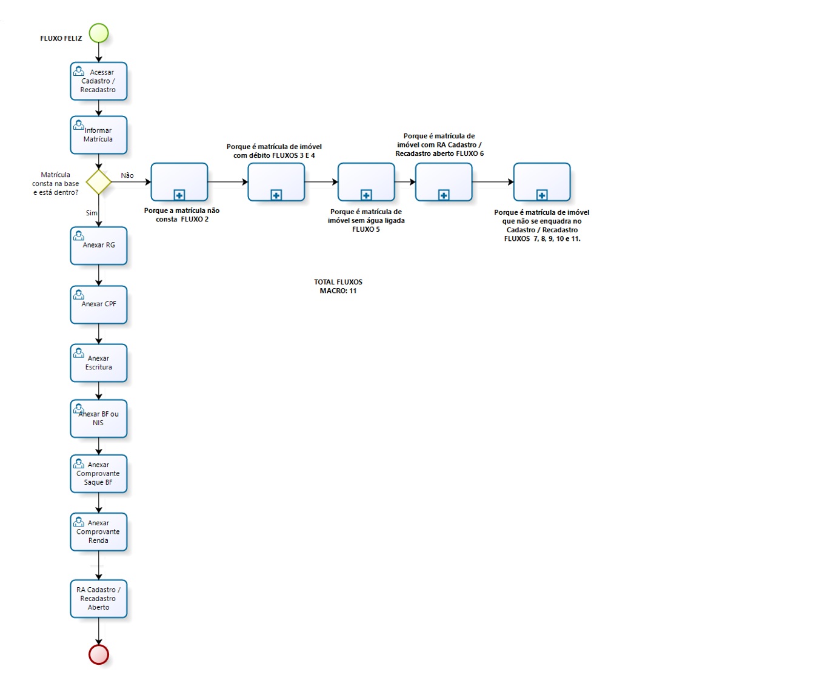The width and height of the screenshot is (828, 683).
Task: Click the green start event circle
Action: (x=99, y=33)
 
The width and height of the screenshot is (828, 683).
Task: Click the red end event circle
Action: (x=99, y=654)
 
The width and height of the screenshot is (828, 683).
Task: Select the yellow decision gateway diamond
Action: (x=99, y=181)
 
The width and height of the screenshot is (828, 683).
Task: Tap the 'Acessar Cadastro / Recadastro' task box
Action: (x=99, y=81)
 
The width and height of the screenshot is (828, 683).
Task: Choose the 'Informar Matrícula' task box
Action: (x=99, y=135)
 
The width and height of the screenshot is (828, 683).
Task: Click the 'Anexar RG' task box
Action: (x=99, y=246)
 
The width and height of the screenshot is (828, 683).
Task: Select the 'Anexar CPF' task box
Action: (x=99, y=304)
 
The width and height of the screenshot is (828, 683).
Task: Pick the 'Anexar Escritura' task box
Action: (x=99, y=363)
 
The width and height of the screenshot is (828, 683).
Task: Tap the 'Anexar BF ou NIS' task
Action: (x=99, y=419)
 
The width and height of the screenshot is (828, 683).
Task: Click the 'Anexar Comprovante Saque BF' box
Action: (x=99, y=474)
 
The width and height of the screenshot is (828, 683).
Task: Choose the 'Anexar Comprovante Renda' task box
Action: (x=99, y=532)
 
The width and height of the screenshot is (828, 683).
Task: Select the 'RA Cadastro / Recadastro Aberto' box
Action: (x=99, y=599)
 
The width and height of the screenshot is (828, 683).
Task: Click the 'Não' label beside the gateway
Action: (x=127, y=176)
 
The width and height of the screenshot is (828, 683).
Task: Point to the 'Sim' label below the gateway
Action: (x=92, y=213)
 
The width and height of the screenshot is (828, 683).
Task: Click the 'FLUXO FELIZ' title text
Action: (x=61, y=38)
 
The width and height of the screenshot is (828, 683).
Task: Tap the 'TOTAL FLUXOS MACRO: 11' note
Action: (x=338, y=286)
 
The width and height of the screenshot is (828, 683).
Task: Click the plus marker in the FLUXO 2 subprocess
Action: (x=179, y=195)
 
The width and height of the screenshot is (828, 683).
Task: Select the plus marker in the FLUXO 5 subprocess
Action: (x=366, y=195)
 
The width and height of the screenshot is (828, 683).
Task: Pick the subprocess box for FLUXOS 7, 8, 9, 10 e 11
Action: (x=542, y=181)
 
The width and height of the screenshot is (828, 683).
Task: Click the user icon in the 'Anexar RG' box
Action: (x=79, y=235)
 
